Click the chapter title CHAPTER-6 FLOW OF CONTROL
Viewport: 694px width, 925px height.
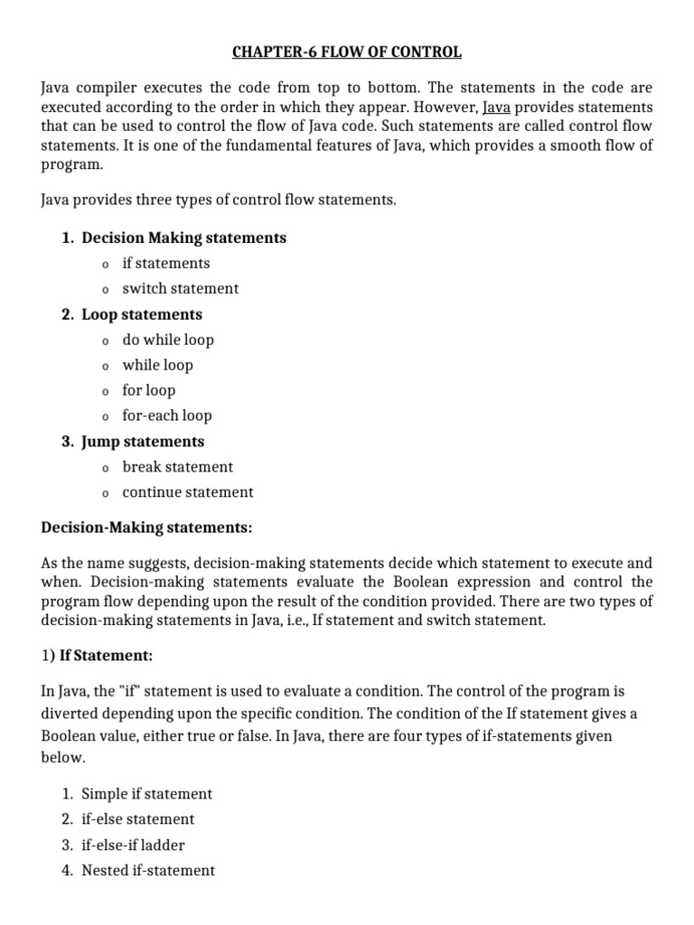(x=346, y=52)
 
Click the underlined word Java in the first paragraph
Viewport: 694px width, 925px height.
(x=497, y=107)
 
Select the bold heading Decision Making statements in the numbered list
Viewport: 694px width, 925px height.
(x=183, y=238)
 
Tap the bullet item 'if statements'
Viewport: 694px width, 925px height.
(x=166, y=263)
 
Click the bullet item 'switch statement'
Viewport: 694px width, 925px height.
(x=181, y=288)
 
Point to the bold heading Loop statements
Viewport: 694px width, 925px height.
(x=142, y=314)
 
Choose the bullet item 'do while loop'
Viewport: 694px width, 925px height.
(x=168, y=340)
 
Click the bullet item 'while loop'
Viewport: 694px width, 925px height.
(x=157, y=365)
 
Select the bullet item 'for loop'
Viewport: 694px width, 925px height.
(x=149, y=390)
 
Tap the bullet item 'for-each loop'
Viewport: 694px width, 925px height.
(x=167, y=416)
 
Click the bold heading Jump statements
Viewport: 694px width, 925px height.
(x=143, y=442)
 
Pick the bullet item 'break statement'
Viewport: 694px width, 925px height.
(x=178, y=467)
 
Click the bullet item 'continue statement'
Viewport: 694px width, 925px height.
(x=188, y=492)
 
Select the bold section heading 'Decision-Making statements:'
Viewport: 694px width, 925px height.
(x=147, y=526)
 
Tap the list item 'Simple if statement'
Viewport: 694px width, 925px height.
(x=147, y=794)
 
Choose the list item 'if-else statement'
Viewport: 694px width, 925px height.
(x=138, y=819)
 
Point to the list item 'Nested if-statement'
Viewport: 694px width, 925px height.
(x=148, y=871)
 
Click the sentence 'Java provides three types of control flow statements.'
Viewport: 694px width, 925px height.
(x=220, y=200)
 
